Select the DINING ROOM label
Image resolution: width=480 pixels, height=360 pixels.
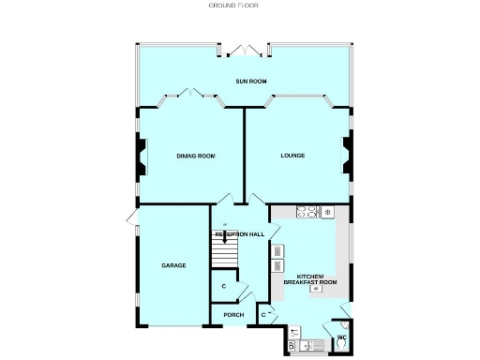pos(196,156)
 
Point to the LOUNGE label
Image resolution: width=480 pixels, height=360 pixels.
pos(292,156)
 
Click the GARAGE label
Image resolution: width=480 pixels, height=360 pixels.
pos(172,265)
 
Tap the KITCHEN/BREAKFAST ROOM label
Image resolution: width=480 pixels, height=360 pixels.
pos(316,279)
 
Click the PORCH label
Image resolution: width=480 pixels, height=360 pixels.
pos(233,315)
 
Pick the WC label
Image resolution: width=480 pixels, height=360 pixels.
pos(342,336)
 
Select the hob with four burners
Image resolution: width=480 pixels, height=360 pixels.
pos(307,212)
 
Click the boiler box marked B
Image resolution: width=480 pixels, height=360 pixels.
pos(292,346)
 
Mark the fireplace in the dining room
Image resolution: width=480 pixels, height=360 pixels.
pos(142,156)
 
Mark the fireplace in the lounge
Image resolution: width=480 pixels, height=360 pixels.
pos(347,156)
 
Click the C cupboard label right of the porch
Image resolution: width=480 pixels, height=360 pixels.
pos(262,314)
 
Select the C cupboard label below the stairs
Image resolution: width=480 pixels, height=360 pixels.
pos(224,287)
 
